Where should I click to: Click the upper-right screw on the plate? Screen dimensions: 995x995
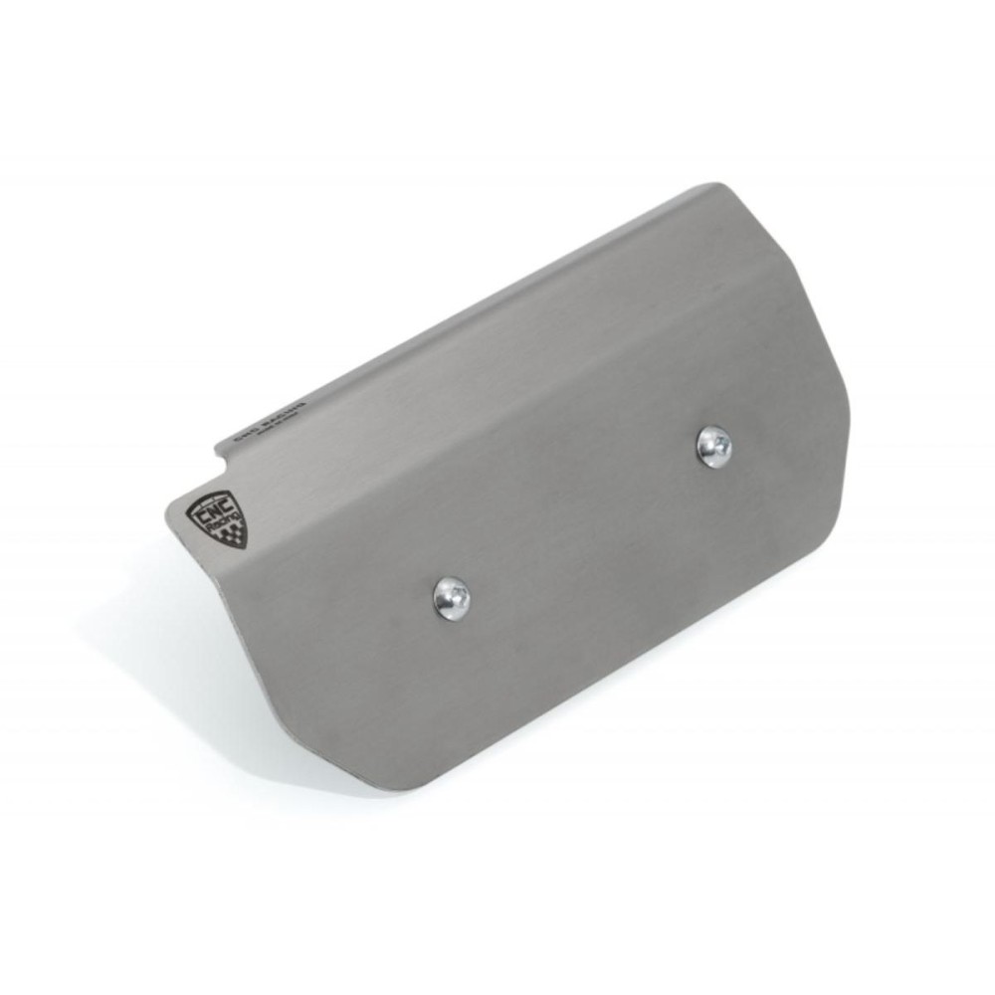pos(713,447)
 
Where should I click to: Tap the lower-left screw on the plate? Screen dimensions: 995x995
pos(452,599)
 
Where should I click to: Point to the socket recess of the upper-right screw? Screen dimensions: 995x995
pos(713,445)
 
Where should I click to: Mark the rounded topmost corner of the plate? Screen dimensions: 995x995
pos(713,187)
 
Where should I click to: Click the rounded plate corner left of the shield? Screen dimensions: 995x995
pos(169,516)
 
